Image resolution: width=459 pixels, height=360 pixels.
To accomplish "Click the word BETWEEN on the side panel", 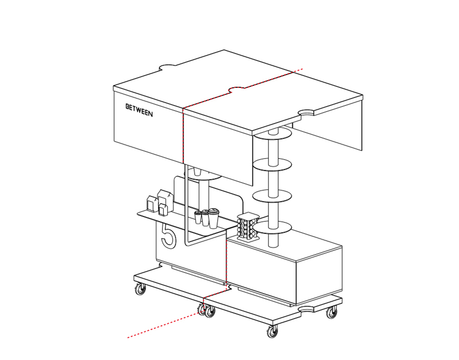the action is pos(139,110).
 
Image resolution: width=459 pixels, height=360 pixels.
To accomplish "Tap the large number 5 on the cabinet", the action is pos(168,236).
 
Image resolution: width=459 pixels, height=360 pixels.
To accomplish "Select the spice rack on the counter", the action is pos(248,226).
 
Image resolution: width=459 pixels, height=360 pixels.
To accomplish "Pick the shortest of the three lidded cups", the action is pos(198,217).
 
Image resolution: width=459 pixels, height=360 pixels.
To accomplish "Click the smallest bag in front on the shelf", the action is pos(163,210).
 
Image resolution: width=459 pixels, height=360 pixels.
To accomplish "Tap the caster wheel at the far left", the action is pos(140,289).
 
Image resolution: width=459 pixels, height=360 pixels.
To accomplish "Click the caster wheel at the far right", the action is pos(332,312).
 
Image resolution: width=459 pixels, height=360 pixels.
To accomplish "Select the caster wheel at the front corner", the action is pos(273,332).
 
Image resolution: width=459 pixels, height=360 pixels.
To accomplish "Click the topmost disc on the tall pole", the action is pos(273,134).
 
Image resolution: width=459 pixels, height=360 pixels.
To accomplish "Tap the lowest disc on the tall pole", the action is pos(272,227).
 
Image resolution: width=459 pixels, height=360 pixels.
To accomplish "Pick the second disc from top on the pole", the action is pos(272,164).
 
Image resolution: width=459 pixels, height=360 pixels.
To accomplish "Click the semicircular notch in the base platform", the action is pos(306,309).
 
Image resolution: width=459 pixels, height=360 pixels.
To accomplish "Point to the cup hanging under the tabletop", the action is pos(197,171).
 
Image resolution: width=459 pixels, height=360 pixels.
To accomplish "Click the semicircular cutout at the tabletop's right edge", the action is pos(306,112).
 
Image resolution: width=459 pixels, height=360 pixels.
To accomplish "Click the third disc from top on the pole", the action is pos(272,196).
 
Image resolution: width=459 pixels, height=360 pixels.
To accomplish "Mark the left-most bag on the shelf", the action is pos(151,204).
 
